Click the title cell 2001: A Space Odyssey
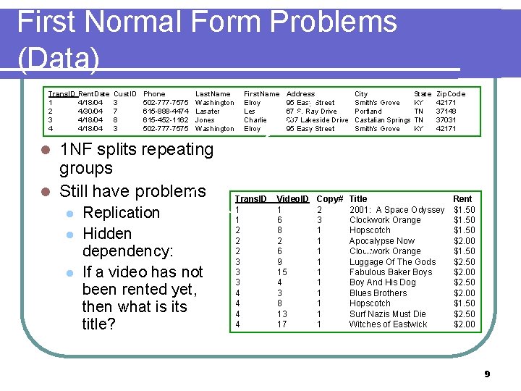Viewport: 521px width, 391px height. coord(397,210)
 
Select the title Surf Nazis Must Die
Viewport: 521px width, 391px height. coord(387,314)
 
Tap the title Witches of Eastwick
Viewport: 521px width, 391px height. coord(388,324)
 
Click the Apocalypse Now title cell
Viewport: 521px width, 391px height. coord(382,241)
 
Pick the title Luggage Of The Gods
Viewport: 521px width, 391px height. coord(392,262)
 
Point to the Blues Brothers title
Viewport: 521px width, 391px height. coord(378,293)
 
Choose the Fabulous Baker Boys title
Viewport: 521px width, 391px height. coord(391,272)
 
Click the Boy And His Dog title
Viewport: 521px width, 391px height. coord(382,282)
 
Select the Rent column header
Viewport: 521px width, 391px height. coord(462,198)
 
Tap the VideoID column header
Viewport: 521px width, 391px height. coord(292,198)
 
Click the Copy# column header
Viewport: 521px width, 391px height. coord(329,198)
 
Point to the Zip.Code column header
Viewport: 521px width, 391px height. coord(451,94)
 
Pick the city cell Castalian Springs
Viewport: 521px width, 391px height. coord(382,120)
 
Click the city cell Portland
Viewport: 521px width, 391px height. coord(368,112)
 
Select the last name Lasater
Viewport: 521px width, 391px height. coord(208,112)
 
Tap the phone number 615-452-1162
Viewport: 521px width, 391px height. coord(166,120)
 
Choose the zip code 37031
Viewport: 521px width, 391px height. coord(446,120)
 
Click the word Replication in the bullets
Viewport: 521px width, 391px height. coord(122,213)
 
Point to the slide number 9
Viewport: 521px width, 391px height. coord(487,374)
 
